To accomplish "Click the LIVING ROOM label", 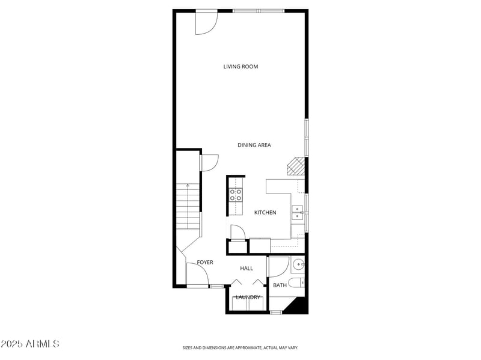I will point(240,67).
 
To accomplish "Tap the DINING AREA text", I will point(254,145).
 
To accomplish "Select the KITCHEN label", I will point(265,213).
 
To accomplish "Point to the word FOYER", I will point(205,263).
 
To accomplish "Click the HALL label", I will point(247,268).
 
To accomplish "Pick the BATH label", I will point(280,285).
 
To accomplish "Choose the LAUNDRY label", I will point(248,297).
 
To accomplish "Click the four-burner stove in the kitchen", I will point(236,194).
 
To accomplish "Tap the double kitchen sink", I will point(297,213).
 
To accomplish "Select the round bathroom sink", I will point(298,264).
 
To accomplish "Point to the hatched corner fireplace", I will point(295,166).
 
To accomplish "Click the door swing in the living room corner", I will point(206,23).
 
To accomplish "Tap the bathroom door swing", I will point(278,267).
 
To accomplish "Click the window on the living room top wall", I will point(259,11).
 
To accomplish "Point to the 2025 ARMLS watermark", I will point(30,344).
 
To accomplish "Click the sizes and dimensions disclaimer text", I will point(240,347).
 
